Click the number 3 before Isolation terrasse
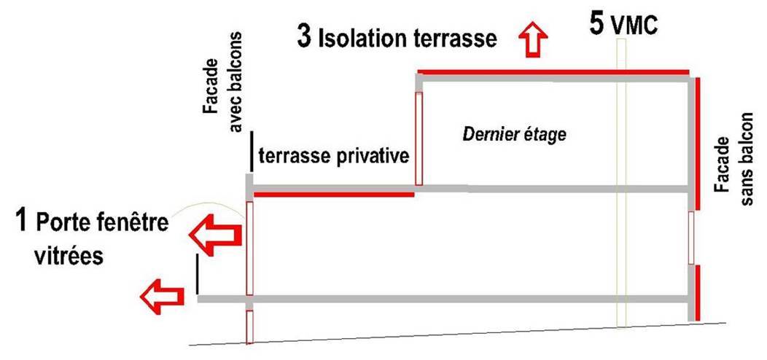click(x=304, y=36)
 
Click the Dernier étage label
click(x=515, y=135)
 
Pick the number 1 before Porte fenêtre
click(x=23, y=219)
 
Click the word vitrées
click(x=69, y=256)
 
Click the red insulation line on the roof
click(x=553, y=72)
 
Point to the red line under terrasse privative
click(x=334, y=195)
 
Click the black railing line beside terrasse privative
click(x=252, y=151)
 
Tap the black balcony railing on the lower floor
click(x=197, y=274)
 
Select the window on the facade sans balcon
click(x=691, y=238)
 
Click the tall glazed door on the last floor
click(x=418, y=139)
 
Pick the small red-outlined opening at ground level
click(x=249, y=326)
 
